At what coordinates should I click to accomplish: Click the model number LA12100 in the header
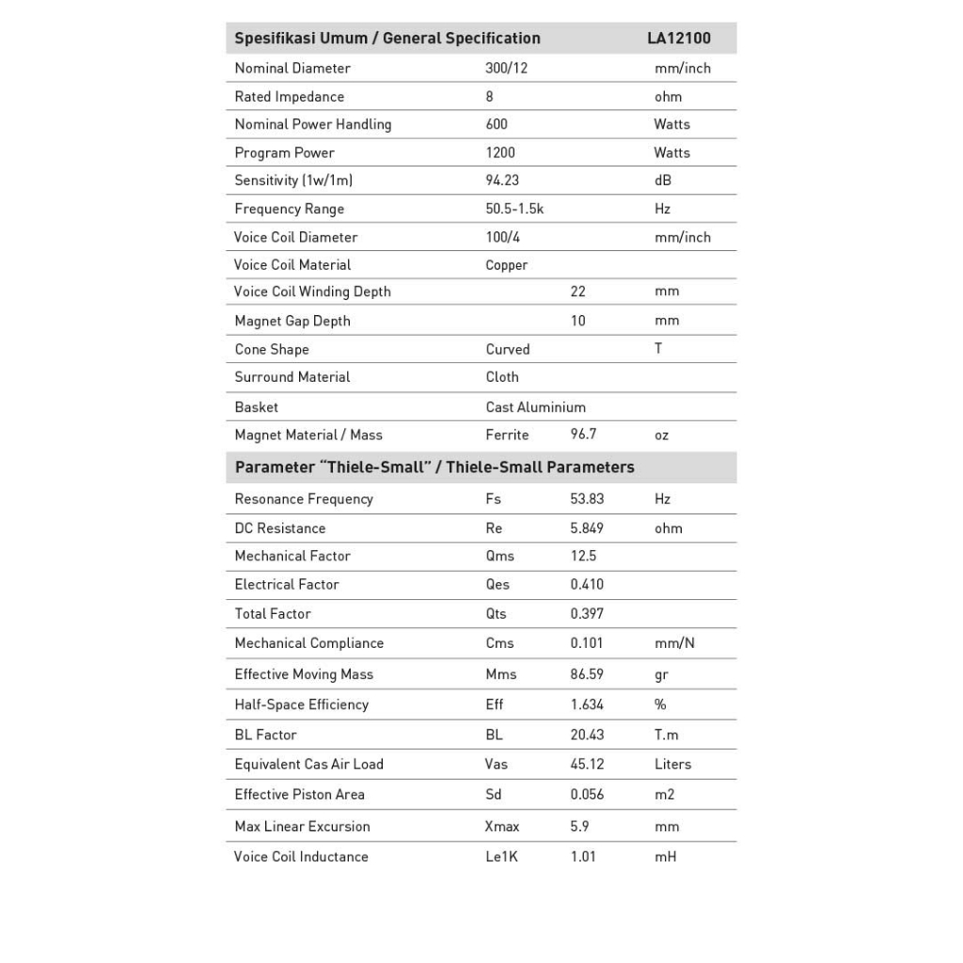(678, 39)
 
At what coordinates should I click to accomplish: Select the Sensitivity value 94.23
(502, 181)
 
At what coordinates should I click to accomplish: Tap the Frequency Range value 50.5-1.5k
(514, 209)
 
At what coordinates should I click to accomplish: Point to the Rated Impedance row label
(289, 97)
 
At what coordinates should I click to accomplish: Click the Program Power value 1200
(500, 152)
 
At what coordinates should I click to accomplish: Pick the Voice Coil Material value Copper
(506, 265)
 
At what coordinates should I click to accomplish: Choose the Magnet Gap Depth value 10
(577, 321)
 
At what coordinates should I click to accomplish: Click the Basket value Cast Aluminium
(535, 407)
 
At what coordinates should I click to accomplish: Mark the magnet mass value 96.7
(583, 435)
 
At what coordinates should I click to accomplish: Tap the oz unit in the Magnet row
(661, 435)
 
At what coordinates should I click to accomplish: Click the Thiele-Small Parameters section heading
(434, 467)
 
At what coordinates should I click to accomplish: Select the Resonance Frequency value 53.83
(587, 499)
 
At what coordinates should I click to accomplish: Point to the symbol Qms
(499, 556)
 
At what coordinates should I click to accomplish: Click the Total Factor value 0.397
(587, 614)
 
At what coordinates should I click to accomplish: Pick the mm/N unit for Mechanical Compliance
(674, 643)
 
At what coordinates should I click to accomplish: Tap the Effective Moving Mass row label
(304, 674)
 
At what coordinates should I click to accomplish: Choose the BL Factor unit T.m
(666, 734)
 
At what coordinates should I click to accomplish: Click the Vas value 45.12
(587, 765)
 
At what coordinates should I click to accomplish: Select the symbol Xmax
(502, 827)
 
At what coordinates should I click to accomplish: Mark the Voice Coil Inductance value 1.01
(582, 857)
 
